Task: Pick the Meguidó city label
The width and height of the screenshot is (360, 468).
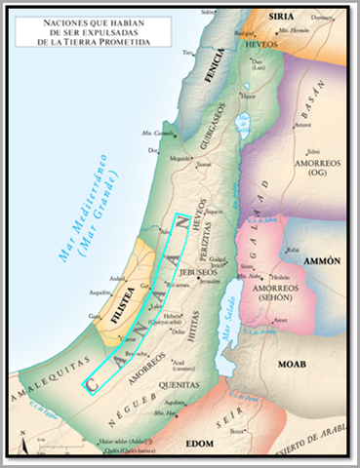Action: point(176,155)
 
